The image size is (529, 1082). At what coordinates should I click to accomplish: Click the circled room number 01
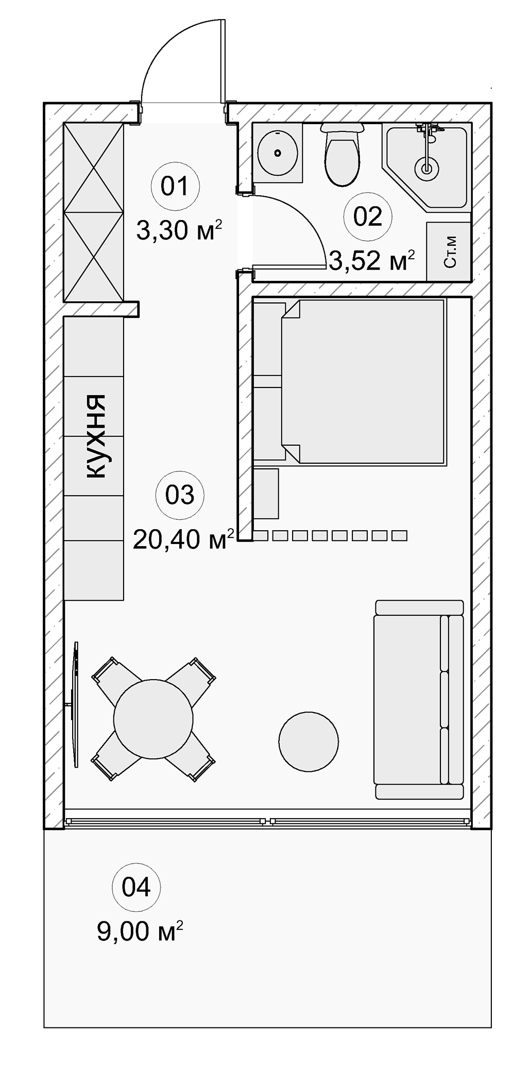tap(175, 186)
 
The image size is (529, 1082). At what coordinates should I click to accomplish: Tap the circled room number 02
tap(368, 216)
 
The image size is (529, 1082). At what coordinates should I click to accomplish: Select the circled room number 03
tap(180, 495)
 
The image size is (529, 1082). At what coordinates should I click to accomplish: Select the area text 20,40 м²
tap(184, 539)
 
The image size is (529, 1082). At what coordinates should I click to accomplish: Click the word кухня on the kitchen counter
tap(94, 436)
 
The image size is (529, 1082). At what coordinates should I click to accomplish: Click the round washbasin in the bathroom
tap(278, 153)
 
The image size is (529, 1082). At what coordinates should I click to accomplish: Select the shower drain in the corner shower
tap(426, 167)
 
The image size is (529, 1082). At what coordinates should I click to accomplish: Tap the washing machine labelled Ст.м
tap(449, 251)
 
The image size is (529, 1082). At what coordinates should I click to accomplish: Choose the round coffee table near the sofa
tap(309, 741)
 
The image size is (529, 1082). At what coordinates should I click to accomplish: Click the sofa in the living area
tap(419, 700)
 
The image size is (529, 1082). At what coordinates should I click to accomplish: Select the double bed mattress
tap(363, 382)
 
